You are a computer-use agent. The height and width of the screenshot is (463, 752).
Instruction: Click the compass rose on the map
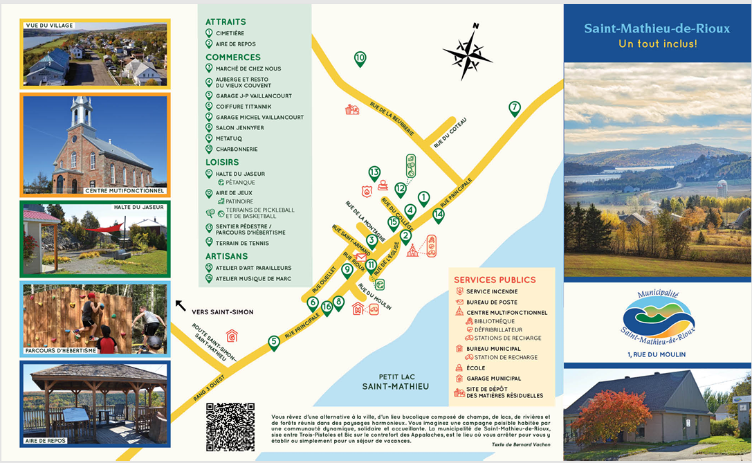(x=468, y=52)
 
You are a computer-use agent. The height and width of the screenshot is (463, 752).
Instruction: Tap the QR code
(x=230, y=426)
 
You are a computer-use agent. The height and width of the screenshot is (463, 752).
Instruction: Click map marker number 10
(x=360, y=58)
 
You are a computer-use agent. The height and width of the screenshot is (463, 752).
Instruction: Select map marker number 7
(x=514, y=108)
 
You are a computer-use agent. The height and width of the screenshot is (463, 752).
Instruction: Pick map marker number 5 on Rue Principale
(x=274, y=341)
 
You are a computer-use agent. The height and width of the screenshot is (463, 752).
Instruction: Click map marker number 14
(x=438, y=215)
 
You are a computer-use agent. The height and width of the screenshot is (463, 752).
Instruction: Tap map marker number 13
(x=374, y=172)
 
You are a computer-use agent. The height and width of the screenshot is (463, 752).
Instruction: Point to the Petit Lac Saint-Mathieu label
(x=396, y=381)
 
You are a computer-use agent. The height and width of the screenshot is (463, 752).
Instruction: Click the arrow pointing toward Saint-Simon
(x=181, y=305)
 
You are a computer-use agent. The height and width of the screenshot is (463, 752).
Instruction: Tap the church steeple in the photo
(x=81, y=111)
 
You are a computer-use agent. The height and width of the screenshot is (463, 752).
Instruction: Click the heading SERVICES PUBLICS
(x=495, y=280)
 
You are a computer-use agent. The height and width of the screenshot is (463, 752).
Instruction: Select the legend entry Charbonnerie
(x=236, y=149)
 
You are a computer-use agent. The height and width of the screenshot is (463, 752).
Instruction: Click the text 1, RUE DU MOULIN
(x=657, y=355)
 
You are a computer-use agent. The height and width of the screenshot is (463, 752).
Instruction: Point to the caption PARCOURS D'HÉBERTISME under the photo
(x=59, y=350)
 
